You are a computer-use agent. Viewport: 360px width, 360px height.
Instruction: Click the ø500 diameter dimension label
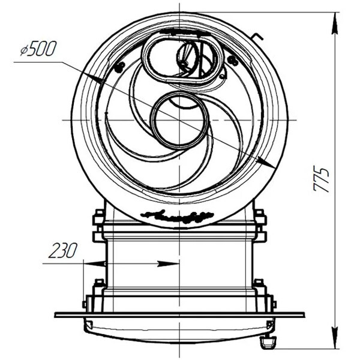tap(38, 49)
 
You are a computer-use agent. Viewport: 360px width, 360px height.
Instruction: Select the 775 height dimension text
tap(321, 180)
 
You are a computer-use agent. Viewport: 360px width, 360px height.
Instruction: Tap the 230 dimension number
tap(62, 250)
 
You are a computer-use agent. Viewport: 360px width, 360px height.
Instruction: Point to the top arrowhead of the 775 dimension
tap(335, 23)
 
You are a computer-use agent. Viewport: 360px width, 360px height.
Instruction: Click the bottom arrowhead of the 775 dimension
tap(335, 337)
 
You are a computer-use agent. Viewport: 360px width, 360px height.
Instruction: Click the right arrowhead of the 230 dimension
tap(168, 264)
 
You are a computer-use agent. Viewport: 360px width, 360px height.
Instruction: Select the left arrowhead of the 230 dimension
tap(95, 264)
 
